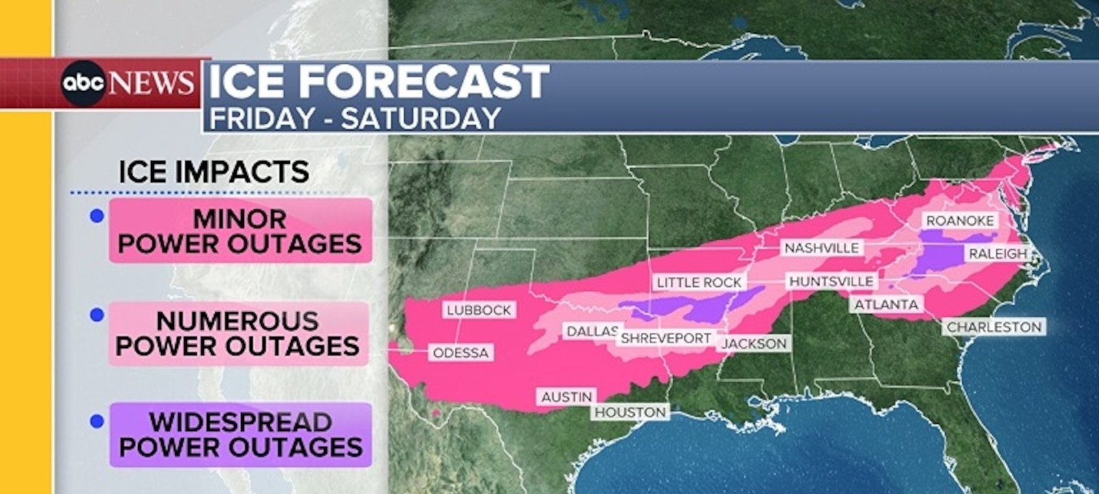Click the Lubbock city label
click(479, 310)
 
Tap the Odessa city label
click(461, 353)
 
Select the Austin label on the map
click(566, 397)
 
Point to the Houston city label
click(631, 412)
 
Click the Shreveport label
click(666, 338)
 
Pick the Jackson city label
click(755, 343)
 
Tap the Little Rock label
click(699, 282)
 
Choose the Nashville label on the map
click(822, 248)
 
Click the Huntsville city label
click(831, 281)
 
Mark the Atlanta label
click(886, 304)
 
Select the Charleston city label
click(994, 327)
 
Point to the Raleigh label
click(997, 254)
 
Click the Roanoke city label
click(960, 220)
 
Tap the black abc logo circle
click(83, 84)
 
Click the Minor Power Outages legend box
click(240, 231)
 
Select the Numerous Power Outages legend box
click(238, 333)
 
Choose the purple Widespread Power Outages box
click(240, 435)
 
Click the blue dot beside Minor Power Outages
click(97, 216)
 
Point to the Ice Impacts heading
click(214, 172)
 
